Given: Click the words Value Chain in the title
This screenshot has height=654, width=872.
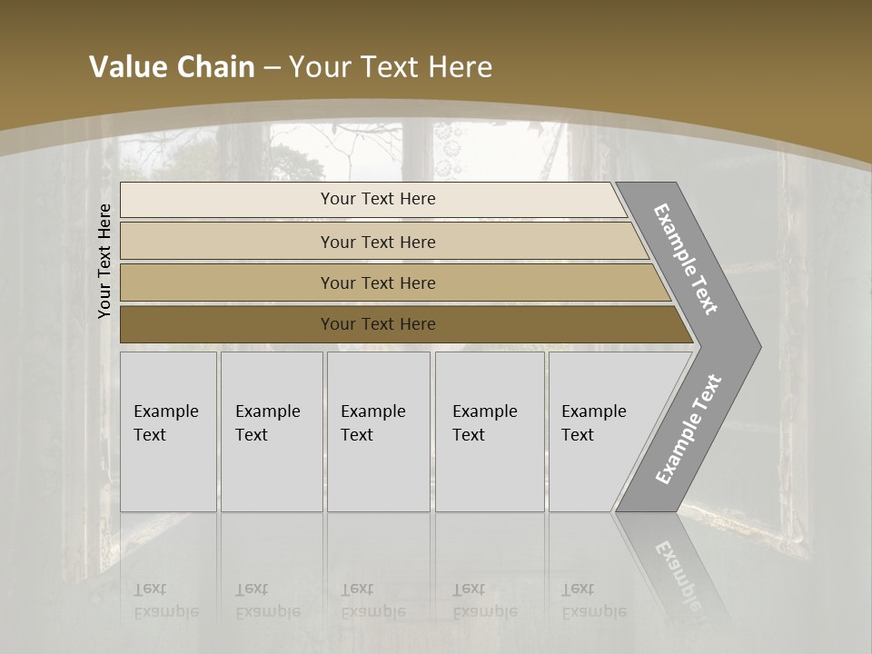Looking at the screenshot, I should (172, 67).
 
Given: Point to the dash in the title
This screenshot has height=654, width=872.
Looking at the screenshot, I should (272, 68).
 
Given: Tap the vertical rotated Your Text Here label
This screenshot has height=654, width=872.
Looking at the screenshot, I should (104, 261).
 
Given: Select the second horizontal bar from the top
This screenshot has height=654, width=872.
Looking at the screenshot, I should (378, 242).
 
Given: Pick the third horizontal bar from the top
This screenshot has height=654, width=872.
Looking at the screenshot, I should (378, 282).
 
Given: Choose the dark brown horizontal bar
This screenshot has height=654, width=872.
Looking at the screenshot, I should (378, 324).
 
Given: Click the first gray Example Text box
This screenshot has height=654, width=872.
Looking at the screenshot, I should (168, 431).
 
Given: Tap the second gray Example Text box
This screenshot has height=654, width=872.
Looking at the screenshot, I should (272, 431).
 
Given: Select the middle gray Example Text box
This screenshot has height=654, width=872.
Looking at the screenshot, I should (378, 431).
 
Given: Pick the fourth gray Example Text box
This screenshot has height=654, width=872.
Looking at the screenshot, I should (490, 431).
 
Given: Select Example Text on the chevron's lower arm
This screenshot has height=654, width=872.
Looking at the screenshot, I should (689, 429).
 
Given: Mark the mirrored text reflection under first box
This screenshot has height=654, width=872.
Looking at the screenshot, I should (166, 600).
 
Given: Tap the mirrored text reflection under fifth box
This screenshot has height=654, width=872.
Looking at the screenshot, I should (593, 600).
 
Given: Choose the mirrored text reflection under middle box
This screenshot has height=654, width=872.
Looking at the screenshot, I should (372, 600).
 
